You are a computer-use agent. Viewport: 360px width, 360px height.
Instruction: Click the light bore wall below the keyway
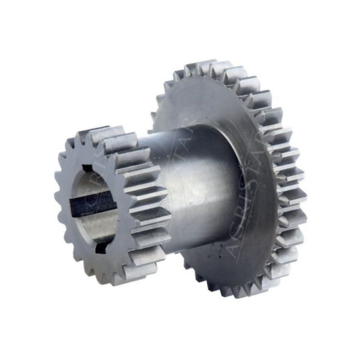99,225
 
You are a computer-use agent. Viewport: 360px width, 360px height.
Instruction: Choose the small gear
108,204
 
